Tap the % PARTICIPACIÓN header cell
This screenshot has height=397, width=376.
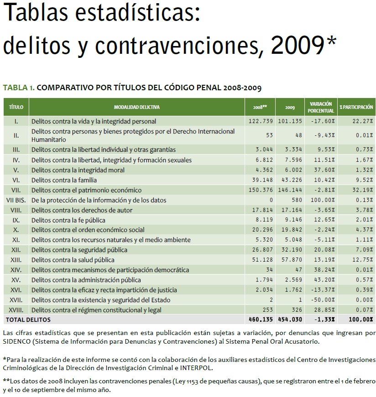point(356,108)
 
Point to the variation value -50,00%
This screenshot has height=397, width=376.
point(322,300)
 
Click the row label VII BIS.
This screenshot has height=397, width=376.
point(16,200)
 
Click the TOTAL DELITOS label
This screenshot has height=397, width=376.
point(27,320)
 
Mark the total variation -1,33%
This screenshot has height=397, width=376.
point(324,320)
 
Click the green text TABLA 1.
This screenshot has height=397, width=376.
point(18,87)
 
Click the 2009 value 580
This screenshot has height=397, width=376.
point(295,200)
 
